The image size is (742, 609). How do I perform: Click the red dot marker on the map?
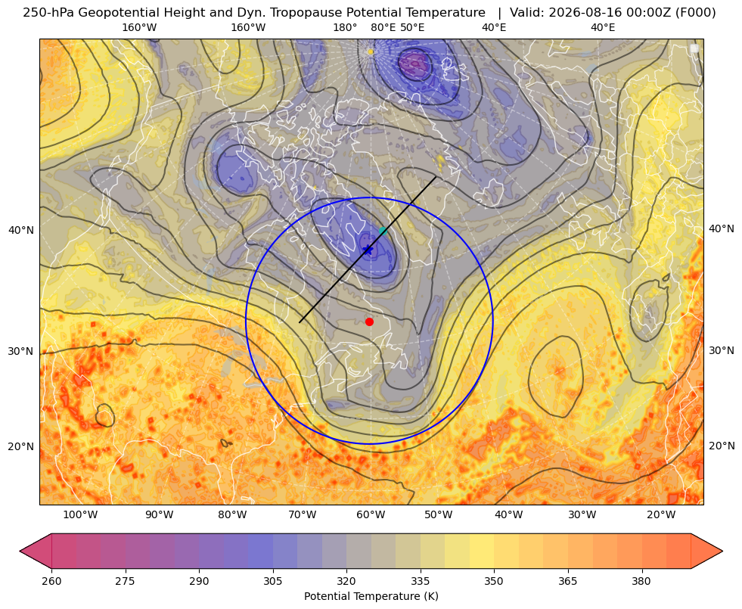370,322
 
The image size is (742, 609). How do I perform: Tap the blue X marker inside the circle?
368,250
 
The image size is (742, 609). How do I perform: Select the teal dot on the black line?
383,231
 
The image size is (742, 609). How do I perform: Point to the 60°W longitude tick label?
371,515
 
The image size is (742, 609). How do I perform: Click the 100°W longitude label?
80,515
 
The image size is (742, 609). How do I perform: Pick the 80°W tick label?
232,515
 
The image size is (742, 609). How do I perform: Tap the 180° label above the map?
346,27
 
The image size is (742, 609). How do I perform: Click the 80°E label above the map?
383,27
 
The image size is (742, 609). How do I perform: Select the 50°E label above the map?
413,27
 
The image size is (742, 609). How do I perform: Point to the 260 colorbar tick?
51,581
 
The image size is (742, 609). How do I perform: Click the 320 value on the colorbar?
346,581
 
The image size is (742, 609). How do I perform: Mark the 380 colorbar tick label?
641,581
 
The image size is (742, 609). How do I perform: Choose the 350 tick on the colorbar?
494,581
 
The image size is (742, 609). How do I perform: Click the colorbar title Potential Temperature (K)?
371,596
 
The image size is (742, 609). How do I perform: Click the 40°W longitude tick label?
509,515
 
